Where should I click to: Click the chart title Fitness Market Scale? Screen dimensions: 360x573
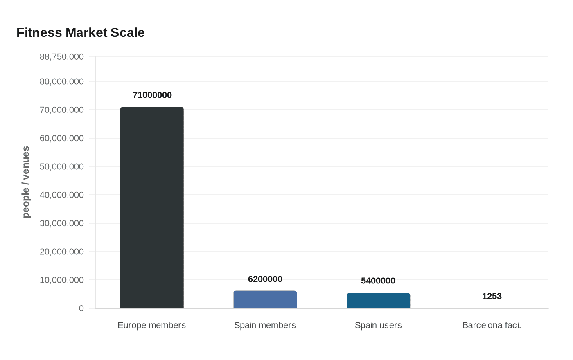(81, 33)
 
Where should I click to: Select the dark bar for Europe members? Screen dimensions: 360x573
(152, 207)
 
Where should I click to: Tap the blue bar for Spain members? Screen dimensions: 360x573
(265, 299)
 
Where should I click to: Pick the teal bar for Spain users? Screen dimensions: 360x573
(378, 301)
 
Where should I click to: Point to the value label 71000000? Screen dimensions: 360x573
(152, 95)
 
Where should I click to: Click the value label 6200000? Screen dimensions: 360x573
(265, 279)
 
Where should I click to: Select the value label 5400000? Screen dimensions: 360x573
(378, 281)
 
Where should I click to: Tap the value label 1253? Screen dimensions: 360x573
(492, 297)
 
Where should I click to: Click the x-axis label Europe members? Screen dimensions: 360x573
(151, 325)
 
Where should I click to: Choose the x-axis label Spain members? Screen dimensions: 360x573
(265, 325)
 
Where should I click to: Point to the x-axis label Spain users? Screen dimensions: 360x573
(378, 325)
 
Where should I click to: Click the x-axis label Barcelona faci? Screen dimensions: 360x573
(492, 325)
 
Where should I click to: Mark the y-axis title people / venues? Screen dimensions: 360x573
(26, 182)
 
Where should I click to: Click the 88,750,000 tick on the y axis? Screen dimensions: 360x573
(62, 57)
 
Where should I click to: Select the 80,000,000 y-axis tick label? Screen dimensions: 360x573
(62, 82)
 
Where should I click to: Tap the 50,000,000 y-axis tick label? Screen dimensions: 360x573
(62, 167)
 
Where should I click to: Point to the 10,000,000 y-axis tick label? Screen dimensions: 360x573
(62, 280)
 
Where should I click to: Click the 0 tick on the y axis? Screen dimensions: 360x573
(81, 308)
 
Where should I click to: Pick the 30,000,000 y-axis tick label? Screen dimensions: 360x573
(62, 223)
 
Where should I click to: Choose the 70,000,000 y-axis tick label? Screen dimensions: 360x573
(62, 110)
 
